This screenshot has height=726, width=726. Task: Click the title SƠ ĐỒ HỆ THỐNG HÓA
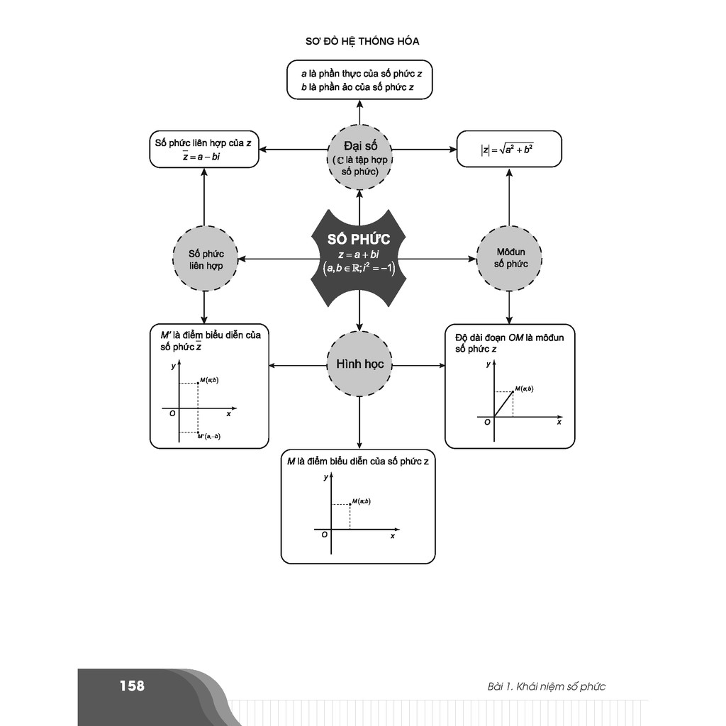point(362,40)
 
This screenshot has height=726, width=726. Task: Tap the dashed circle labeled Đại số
point(359,157)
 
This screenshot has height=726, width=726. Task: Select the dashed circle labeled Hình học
point(359,364)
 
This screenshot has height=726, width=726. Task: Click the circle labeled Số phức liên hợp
point(205,259)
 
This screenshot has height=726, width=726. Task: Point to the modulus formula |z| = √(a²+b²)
point(508,150)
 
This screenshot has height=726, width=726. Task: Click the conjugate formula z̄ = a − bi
point(201,157)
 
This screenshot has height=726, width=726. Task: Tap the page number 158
point(132,686)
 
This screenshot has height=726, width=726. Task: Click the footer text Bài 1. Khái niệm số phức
point(547,686)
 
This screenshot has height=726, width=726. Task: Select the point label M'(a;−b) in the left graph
point(209,436)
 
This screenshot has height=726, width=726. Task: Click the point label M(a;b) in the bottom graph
point(361,501)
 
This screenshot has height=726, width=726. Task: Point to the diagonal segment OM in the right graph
point(503,405)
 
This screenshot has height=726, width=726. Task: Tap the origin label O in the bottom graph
point(324,535)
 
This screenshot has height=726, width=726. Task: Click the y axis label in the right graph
point(488,364)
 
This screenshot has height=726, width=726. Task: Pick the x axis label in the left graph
point(228,413)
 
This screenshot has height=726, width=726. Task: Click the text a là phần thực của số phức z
point(360,74)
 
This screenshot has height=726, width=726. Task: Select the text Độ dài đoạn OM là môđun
point(509,337)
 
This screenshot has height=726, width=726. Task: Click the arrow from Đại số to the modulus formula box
point(423,150)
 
